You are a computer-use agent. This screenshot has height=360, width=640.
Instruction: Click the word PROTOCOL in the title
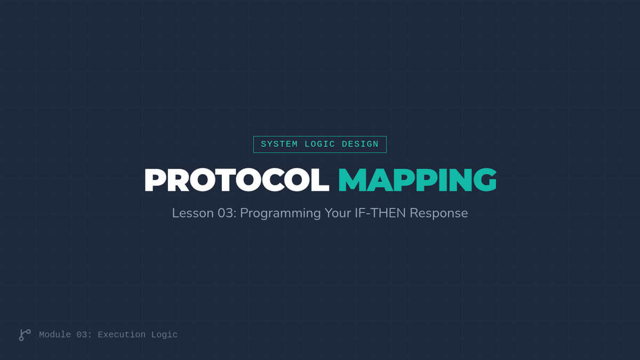point(237,180)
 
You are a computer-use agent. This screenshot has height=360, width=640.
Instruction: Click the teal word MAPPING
point(418,180)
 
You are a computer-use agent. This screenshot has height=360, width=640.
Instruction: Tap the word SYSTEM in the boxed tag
point(279,145)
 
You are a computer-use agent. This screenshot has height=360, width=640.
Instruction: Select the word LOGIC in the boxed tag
point(319,145)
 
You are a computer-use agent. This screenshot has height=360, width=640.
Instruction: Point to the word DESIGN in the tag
point(361,145)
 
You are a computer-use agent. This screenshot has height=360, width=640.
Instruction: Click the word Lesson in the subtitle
point(193,213)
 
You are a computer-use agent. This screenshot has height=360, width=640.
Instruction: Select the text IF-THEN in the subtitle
point(380,213)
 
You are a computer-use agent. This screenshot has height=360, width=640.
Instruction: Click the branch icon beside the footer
point(25,335)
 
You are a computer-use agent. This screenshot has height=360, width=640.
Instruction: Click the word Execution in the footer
point(122,334)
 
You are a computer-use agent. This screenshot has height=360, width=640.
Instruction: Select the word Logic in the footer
point(164,335)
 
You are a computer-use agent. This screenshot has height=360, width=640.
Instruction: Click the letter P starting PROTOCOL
point(154,180)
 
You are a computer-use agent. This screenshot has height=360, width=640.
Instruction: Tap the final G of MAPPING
point(485,180)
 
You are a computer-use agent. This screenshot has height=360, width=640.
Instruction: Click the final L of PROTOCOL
point(321,180)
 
